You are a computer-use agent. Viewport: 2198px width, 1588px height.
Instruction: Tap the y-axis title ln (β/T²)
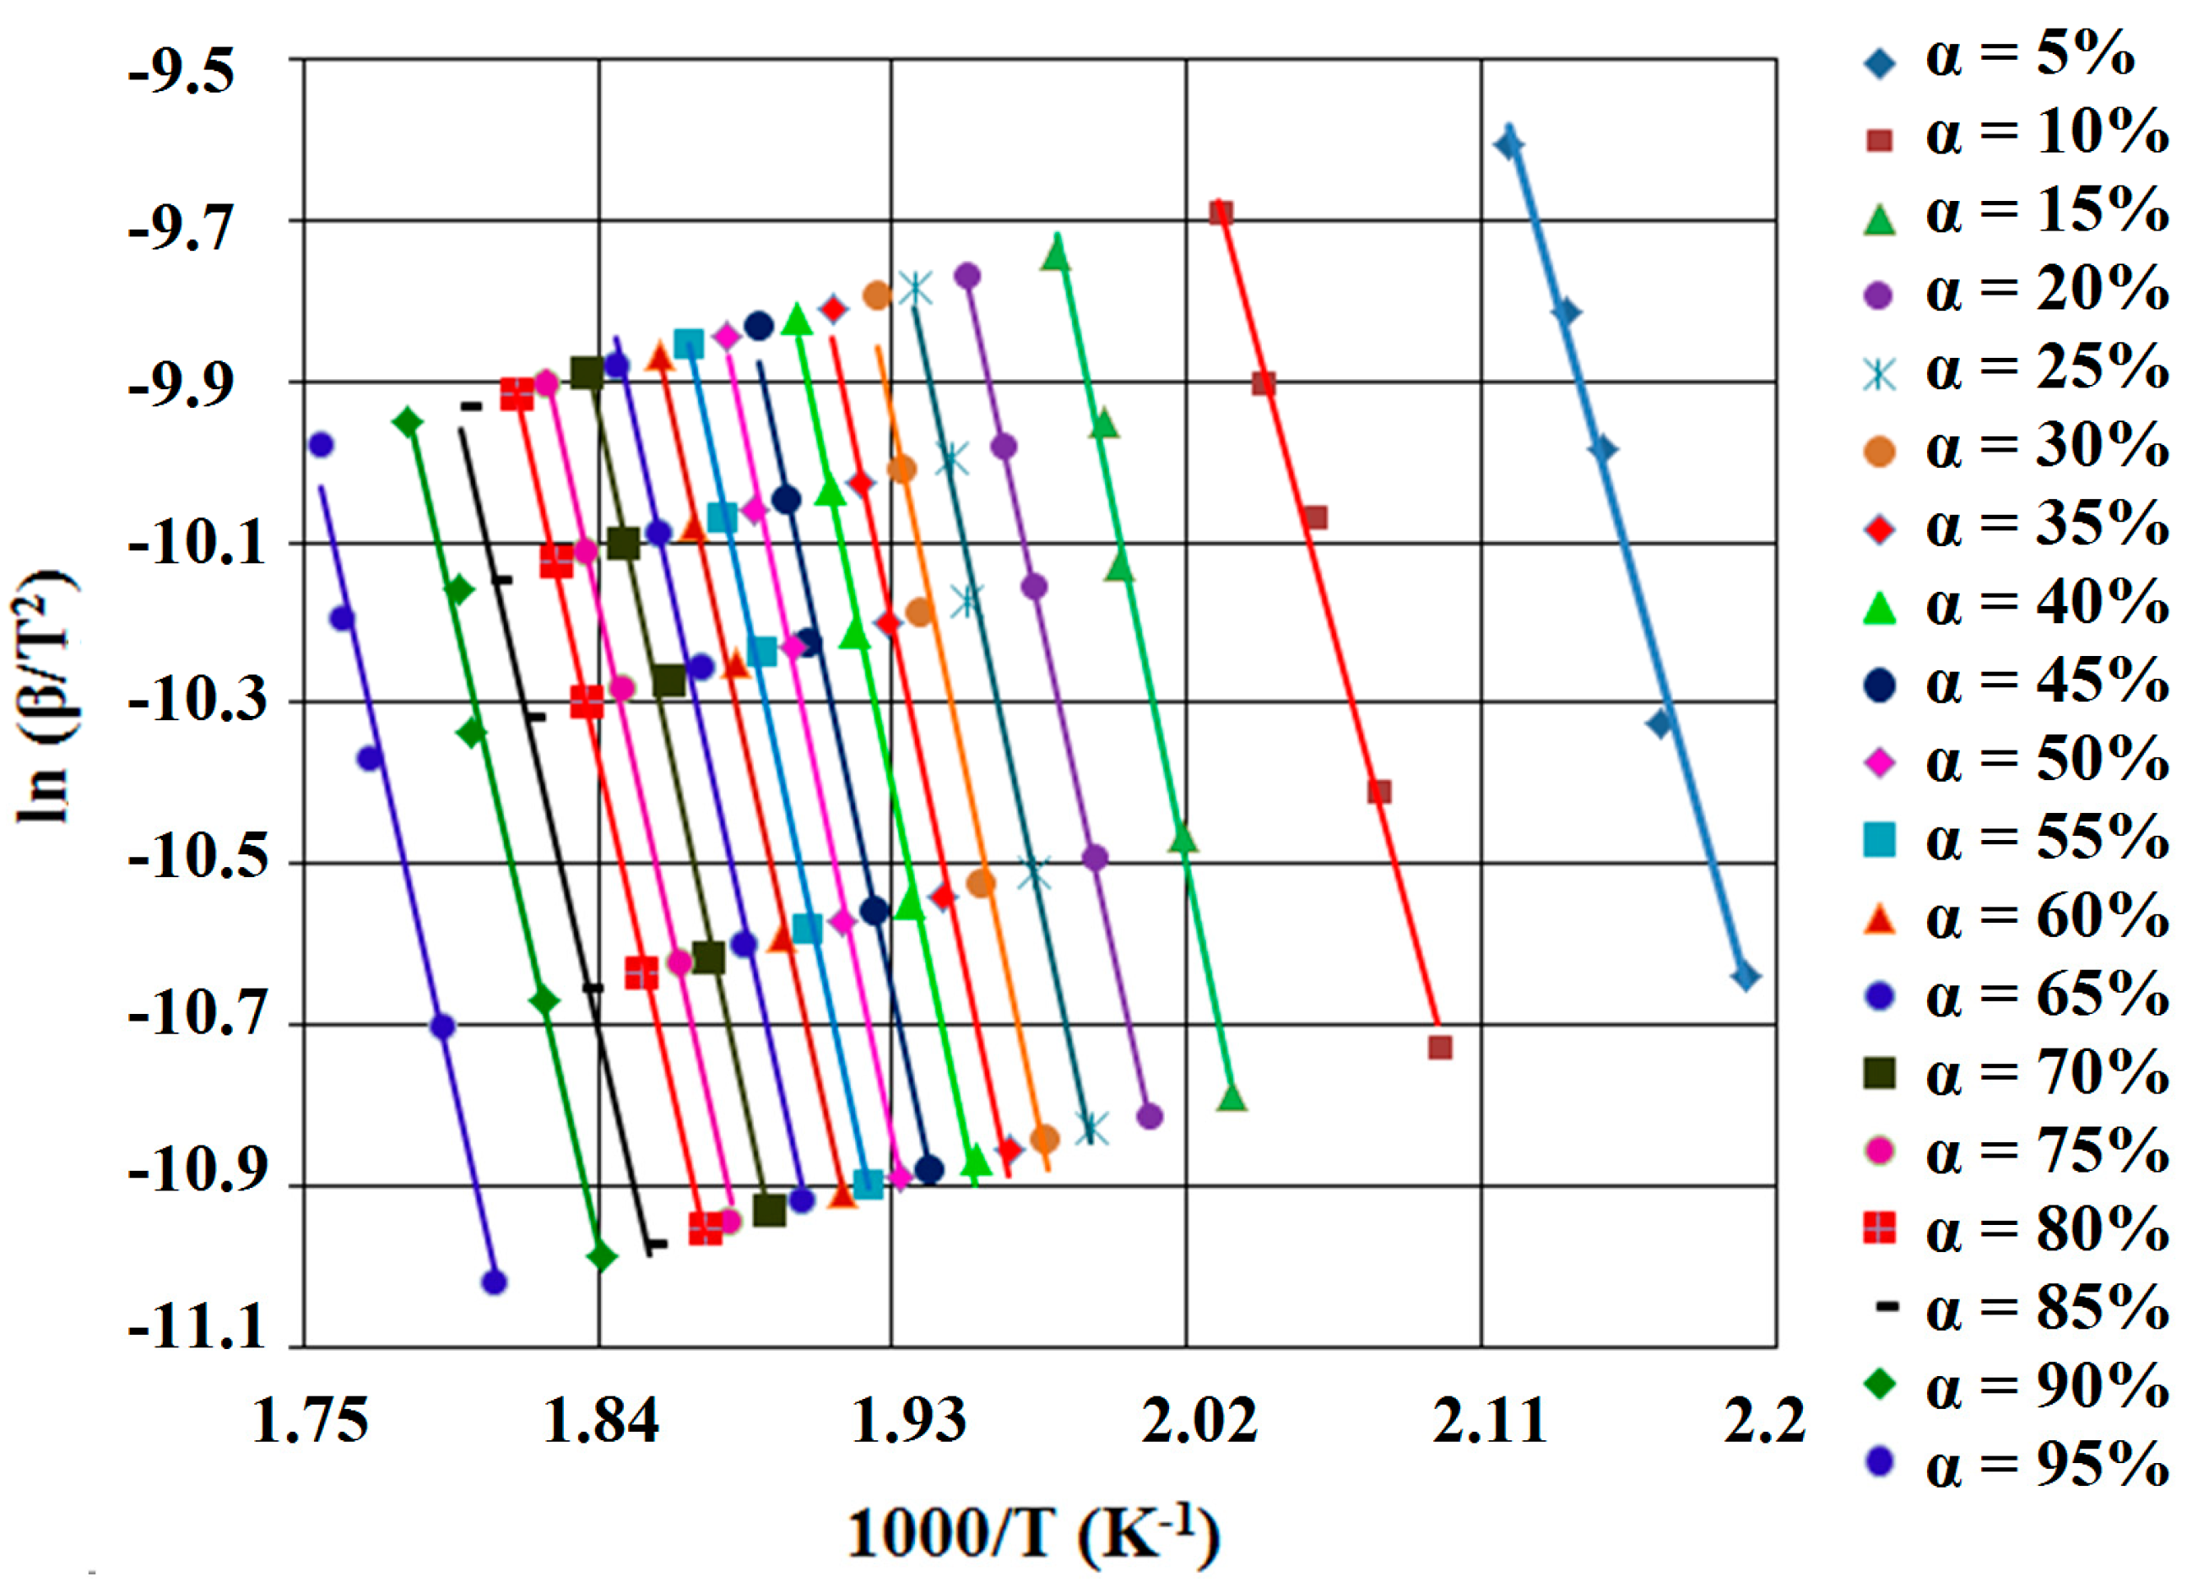(44, 696)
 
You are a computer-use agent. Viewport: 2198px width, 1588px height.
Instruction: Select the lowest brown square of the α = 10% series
(1440, 1048)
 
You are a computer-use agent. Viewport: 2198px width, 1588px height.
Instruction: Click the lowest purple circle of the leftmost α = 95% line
(495, 1282)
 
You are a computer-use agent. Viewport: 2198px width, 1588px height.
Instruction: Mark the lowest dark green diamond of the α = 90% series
(602, 1257)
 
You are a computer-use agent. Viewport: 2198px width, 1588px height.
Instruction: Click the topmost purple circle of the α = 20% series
(967, 276)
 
